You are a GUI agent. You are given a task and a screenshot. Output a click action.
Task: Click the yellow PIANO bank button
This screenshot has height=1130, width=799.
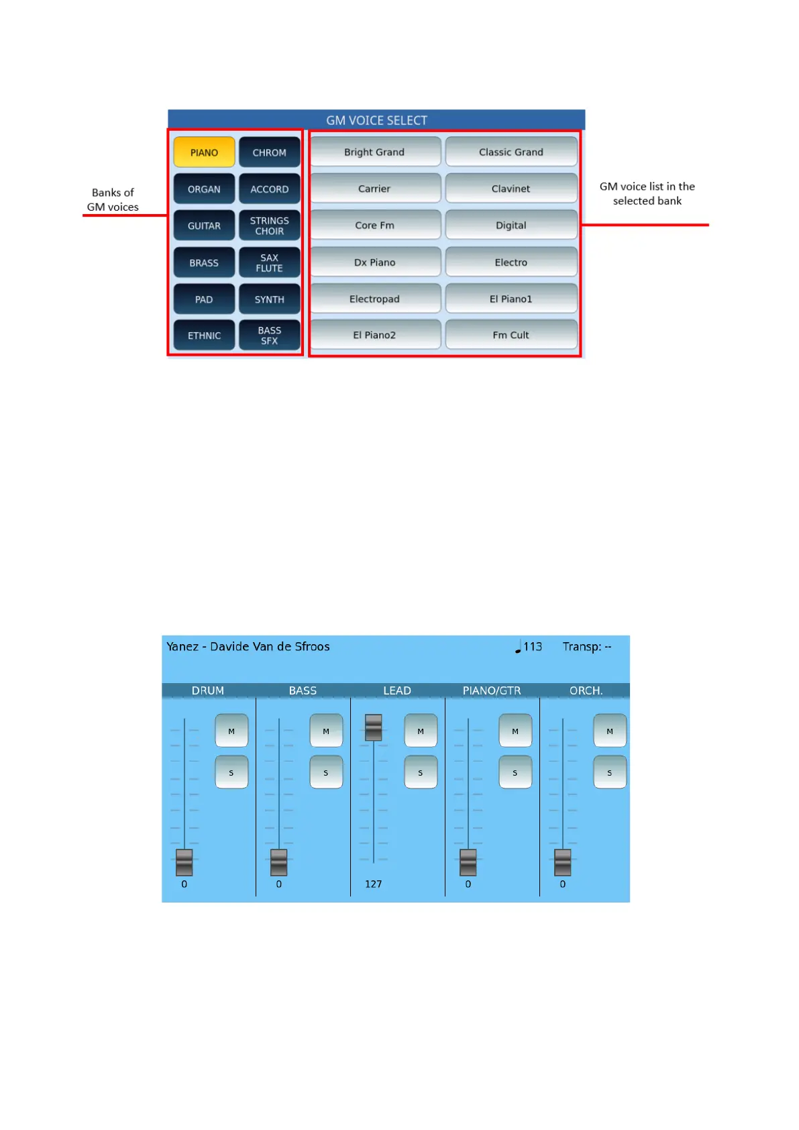tap(204, 152)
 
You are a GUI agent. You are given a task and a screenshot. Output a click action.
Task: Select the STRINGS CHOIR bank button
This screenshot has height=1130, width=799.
tap(269, 225)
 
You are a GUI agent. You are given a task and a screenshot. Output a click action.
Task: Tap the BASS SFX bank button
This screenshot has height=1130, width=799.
tap(269, 336)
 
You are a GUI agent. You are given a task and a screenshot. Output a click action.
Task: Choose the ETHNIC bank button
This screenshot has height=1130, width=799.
tap(204, 336)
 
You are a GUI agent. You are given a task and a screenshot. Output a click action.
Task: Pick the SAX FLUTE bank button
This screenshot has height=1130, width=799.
tap(269, 262)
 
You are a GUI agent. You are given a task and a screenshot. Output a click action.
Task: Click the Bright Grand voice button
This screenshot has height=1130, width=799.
tap(374, 152)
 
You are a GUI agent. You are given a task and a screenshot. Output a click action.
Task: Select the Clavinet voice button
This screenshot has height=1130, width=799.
tap(511, 189)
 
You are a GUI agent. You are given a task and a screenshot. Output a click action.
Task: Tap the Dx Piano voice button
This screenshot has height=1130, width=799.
tap(374, 262)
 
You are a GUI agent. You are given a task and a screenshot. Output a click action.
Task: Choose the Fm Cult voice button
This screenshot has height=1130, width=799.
tap(511, 335)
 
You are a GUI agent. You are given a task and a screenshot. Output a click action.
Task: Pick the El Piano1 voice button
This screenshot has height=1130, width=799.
tap(511, 299)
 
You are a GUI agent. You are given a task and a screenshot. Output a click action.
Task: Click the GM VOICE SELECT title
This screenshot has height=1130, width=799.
tap(376, 120)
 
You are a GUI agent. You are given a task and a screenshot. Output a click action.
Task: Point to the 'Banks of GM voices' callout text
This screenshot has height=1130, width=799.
tap(113, 200)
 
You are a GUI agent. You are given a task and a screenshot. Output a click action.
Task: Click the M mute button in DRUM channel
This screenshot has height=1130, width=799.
tap(231, 731)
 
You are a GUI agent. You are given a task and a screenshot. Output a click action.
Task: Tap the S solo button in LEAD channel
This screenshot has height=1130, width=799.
tap(421, 772)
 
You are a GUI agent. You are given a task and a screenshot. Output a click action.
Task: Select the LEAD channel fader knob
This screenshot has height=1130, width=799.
tap(374, 727)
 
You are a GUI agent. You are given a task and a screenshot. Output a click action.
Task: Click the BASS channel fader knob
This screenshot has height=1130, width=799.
tap(279, 862)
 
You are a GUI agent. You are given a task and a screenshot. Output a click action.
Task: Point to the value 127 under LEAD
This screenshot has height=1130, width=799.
tap(373, 884)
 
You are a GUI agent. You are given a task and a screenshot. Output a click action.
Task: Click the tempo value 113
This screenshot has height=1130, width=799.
tap(532, 647)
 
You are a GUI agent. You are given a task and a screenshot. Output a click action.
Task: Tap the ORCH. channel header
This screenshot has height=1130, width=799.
tap(586, 690)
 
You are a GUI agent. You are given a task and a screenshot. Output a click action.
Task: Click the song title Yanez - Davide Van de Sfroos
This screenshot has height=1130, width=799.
tap(248, 647)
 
